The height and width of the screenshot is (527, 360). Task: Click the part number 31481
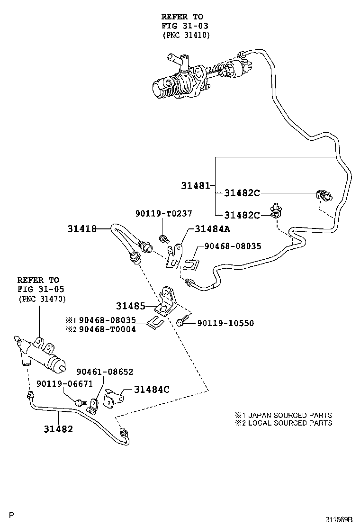pos(196,185)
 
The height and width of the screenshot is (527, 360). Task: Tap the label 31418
pos(82,229)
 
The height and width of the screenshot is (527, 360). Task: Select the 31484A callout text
pos(213,229)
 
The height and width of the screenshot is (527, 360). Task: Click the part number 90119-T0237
pos(164,213)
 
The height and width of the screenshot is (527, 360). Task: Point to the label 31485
pos(131,306)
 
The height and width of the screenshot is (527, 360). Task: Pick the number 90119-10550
pos(225,323)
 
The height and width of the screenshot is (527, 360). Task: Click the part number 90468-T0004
pos(108,329)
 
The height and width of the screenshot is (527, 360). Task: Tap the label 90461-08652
pos(105,372)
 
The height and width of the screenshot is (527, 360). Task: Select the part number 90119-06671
pos(65,383)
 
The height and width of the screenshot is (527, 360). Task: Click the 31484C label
pos(152,390)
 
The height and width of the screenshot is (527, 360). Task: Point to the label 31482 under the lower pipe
pos(58,429)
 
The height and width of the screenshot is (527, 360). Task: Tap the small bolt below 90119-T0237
pos(163,238)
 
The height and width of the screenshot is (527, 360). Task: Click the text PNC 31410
pos(186,35)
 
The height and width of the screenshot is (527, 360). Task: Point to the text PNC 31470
pos(42,299)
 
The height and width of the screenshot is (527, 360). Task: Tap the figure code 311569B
pos(339,519)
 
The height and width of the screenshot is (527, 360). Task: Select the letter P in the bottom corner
pos(11,515)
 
